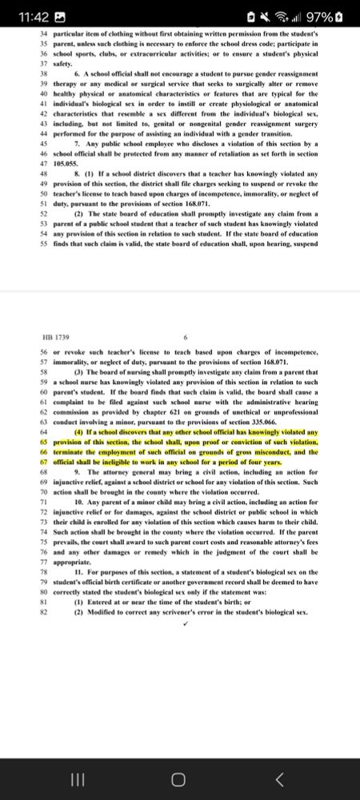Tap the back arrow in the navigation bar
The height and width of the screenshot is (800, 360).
click(279, 778)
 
